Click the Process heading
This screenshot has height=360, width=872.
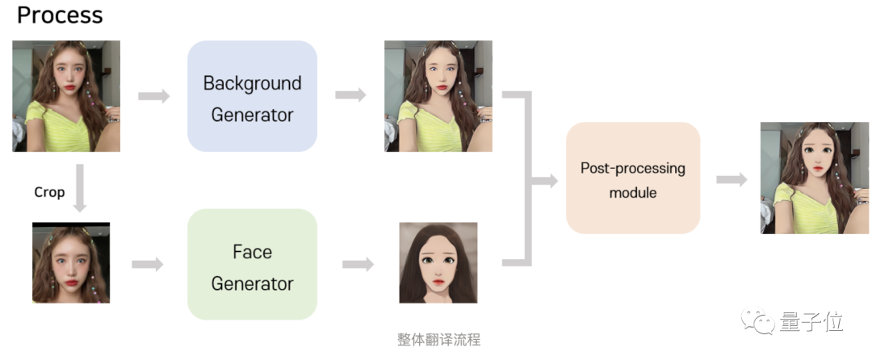(x=60, y=15)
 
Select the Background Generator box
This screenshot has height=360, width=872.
(x=252, y=97)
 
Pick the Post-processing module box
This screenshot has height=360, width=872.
(x=633, y=179)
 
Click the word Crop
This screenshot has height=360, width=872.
(x=49, y=192)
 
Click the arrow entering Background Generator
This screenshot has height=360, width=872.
(x=154, y=96)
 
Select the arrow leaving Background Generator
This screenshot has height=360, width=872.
(x=350, y=94)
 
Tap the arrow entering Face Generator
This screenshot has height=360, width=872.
(x=147, y=263)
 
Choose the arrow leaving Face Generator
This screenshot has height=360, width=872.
(x=358, y=263)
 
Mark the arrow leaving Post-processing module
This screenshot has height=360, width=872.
(x=732, y=179)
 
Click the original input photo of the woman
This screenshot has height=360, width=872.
(x=66, y=96)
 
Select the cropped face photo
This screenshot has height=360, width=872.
(x=71, y=263)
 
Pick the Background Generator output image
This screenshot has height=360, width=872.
(x=438, y=96)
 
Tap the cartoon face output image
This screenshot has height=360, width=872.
(x=438, y=263)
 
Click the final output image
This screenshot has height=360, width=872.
(x=814, y=178)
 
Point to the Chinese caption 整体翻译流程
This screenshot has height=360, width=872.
(x=438, y=339)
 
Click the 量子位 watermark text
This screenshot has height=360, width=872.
(x=811, y=323)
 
